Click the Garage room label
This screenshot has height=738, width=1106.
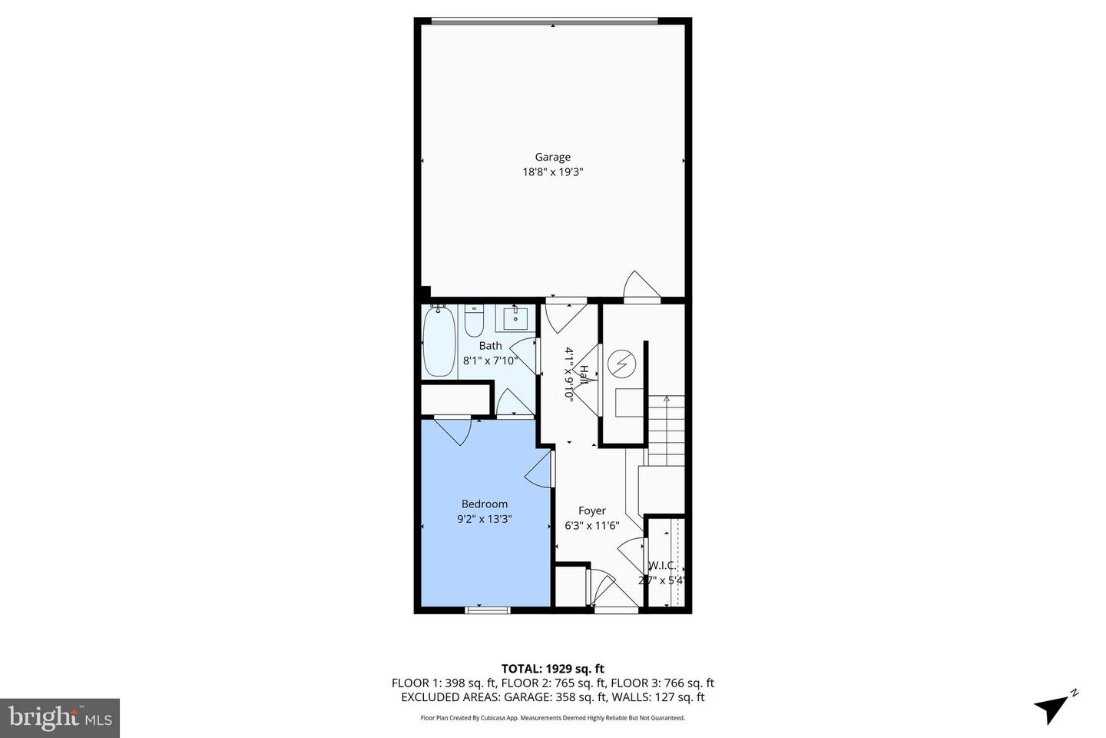click(x=552, y=158)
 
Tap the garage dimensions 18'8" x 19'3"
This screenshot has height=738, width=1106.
click(x=553, y=172)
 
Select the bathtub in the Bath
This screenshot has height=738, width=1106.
click(x=439, y=342)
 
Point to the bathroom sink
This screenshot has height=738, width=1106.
click(x=515, y=316)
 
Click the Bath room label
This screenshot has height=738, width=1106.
click(x=490, y=346)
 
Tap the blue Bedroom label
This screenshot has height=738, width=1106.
click(x=484, y=504)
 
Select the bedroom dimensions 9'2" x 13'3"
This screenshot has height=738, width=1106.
click(x=484, y=519)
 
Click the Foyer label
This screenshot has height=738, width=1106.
click(x=591, y=510)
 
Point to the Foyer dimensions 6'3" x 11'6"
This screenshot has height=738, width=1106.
click(x=591, y=526)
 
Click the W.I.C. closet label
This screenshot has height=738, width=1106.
click(x=663, y=566)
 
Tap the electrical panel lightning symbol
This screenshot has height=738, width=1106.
click(x=621, y=363)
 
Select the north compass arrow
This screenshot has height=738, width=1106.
click(x=1055, y=706)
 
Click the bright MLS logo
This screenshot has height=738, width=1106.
click(x=60, y=718)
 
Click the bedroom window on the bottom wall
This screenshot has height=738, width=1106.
click(x=487, y=610)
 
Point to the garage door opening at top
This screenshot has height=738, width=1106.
click(x=544, y=21)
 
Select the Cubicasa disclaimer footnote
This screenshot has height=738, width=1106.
click(x=552, y=718)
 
